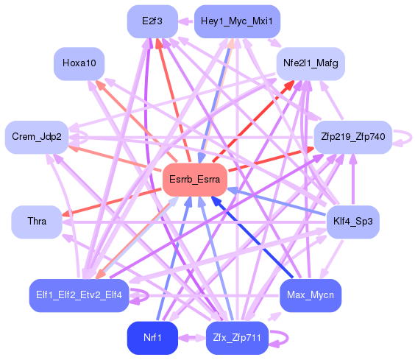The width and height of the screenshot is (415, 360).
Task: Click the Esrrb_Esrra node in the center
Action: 194,180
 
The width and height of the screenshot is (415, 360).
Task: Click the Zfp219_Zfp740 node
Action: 353,137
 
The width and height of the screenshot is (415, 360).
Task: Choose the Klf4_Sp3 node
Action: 352,221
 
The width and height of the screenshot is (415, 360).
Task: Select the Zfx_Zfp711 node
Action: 237,337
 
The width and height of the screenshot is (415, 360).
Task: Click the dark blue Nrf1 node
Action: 152,337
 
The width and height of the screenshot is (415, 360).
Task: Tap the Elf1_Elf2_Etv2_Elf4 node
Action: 79,296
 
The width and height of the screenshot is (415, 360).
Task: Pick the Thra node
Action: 37,221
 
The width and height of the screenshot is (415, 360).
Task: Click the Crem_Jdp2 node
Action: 37,137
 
